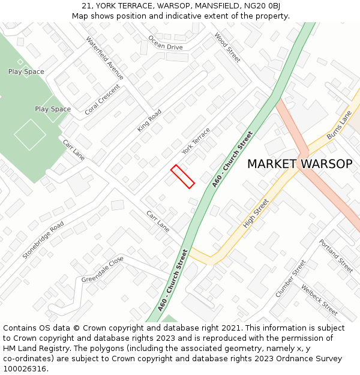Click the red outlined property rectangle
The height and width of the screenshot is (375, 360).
182,176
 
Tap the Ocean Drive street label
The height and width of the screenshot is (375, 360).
165,44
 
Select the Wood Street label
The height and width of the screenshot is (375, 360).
227,47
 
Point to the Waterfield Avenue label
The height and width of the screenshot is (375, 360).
104,58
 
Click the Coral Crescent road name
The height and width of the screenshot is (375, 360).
102,100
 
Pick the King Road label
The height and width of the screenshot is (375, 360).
149,120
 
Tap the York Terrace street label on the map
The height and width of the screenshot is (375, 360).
196,140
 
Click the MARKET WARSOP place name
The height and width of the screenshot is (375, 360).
299,164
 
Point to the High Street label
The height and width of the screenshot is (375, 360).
256,214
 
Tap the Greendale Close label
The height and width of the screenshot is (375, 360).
103,269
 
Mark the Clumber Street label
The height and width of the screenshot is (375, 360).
290,278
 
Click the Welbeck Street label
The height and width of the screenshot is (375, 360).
319,299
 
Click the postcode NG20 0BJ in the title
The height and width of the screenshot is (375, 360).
265,6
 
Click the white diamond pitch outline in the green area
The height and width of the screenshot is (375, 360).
30,134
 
